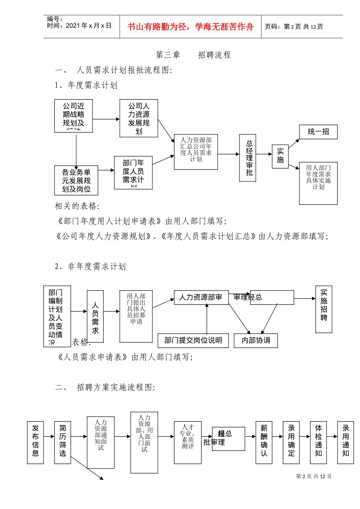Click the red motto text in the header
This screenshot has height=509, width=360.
[190, 27]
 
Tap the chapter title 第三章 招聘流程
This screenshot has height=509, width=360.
[193, 55]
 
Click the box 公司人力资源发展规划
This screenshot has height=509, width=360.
[139, 118]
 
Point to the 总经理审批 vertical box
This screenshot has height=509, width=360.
[248, 158]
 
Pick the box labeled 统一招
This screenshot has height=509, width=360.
[318, 132]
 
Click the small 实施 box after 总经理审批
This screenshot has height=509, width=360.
[280, 156]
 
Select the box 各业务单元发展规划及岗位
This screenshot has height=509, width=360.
[76, 180]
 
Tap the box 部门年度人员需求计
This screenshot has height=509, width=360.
[133, 172]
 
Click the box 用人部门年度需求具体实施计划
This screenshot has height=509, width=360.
[318, 183]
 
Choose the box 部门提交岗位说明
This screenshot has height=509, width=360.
[193, 340]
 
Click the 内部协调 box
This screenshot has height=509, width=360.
[256, 340]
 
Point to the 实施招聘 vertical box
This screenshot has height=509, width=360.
[324, 309]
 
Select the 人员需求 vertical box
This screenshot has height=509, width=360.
[95, 317]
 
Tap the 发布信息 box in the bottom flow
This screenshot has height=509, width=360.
[35, 442]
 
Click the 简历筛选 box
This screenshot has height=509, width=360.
[63, 442]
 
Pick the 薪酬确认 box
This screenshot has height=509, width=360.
[264, 442]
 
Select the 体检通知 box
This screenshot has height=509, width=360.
[318, 442]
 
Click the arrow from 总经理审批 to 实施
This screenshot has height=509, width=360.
[264, 154]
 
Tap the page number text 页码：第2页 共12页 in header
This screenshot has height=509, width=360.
[294, 27]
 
